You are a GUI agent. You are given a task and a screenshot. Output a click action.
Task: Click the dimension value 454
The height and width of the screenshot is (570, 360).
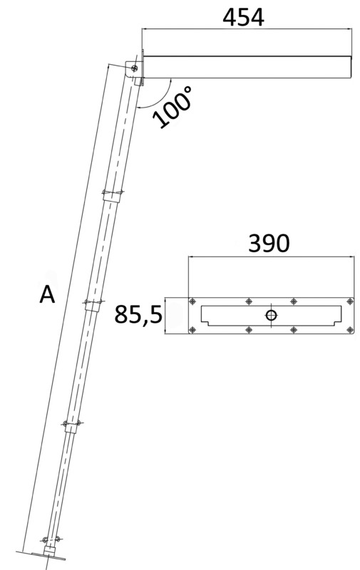243,16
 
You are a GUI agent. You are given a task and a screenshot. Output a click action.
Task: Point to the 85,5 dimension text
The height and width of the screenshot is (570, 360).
138,314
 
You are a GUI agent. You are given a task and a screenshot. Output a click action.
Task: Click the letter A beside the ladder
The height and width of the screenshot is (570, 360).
47,294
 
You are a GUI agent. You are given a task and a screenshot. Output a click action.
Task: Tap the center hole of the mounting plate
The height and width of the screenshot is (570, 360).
271,315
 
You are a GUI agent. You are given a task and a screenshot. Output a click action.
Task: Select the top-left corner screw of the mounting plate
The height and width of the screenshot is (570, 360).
192,301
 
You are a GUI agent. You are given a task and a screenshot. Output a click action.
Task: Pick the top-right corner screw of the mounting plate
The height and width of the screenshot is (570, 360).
349,301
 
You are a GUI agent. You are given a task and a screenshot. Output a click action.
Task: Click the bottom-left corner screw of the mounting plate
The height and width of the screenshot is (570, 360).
192,328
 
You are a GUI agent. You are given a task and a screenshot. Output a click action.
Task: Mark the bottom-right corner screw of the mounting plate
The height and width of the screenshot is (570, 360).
349,328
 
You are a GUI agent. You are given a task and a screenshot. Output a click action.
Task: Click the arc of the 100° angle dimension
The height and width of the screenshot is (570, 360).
158,93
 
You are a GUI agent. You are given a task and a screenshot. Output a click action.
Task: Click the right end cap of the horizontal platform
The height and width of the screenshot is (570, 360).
351,66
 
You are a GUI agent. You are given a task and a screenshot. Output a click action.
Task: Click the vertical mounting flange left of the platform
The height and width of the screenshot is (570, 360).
142,66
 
